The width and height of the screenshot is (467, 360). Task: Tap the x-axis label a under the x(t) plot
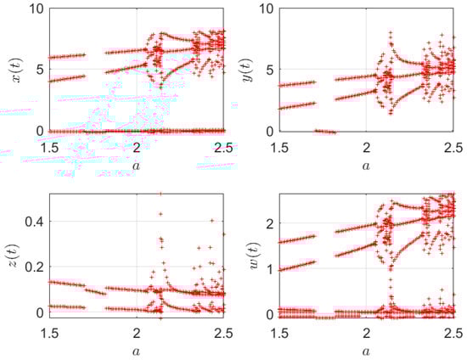click(x=136, y=166)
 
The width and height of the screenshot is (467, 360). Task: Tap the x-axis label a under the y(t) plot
click(x=365, y=166)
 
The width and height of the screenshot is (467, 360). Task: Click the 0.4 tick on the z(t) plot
click(x=34, y=222)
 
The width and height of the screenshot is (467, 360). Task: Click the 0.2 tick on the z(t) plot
click(x=34, y=267)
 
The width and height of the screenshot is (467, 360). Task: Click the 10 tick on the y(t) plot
click(x=267, y=9)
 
